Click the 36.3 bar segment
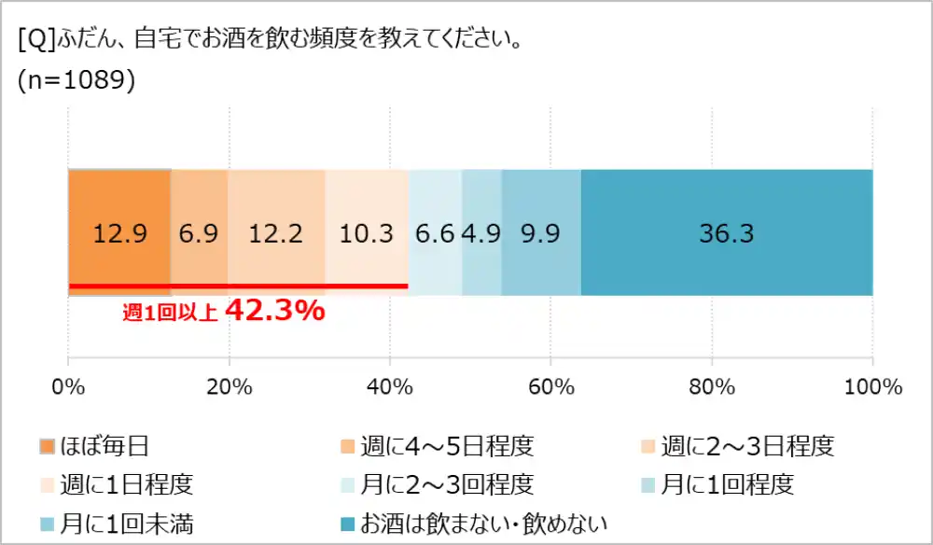click(x=726, y=232)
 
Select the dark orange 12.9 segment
click(x=119, y=232)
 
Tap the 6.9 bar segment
click(x=199, y=232)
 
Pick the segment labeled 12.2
click(x=276, y=232)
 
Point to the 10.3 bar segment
click(x=367, y=232)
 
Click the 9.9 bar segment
click(x=541, y=232)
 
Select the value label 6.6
click(x=435, y=232)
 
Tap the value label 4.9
click(x=481, y=232)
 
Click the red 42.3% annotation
click(x=275, y=312)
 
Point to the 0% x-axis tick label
click(x=68, y=386)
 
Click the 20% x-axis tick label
click(x=230, y=386)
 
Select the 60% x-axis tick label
click(x=550, y=386)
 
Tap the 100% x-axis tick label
click(x=872, y=386)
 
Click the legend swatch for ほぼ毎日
click(x=48, y=446)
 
